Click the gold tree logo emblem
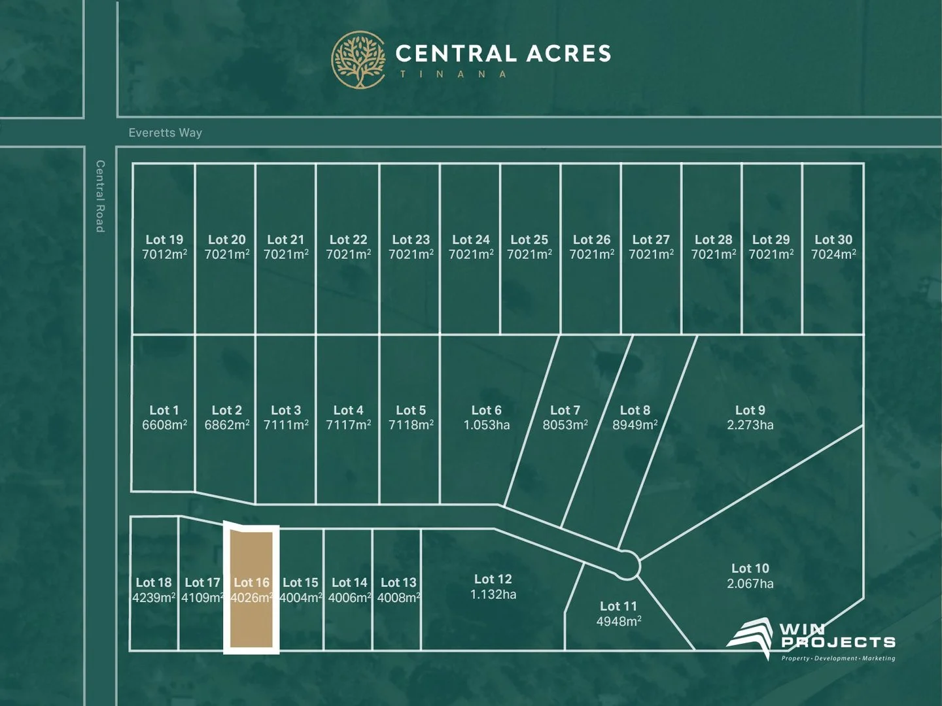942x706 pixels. click(x=358, y=59)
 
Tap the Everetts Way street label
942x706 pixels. click(x=165, y=133)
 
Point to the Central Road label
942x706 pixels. click(x=100, y=196)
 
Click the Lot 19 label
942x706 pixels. click(x=164, y=240)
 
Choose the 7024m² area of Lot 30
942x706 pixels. click(x=833, y=255)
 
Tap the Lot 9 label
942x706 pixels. click(x=750, y=411)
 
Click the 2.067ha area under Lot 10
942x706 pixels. click(x=750, y=584)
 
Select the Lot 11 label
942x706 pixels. click(x=618, y=607)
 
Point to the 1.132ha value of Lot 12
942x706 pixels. click(x=493, y=595)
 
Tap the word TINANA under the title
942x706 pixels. click(x=453, y=75)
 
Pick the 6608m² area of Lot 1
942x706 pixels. click(x=164, y=426)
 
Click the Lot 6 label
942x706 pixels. click(x=486, y=411)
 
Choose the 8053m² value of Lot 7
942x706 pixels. click(x=565, y=426)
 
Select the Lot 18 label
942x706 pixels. click(x=154, y=582)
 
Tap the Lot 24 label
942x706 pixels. click(x=470, y=240)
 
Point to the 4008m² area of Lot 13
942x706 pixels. click(x=398, y=598)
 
